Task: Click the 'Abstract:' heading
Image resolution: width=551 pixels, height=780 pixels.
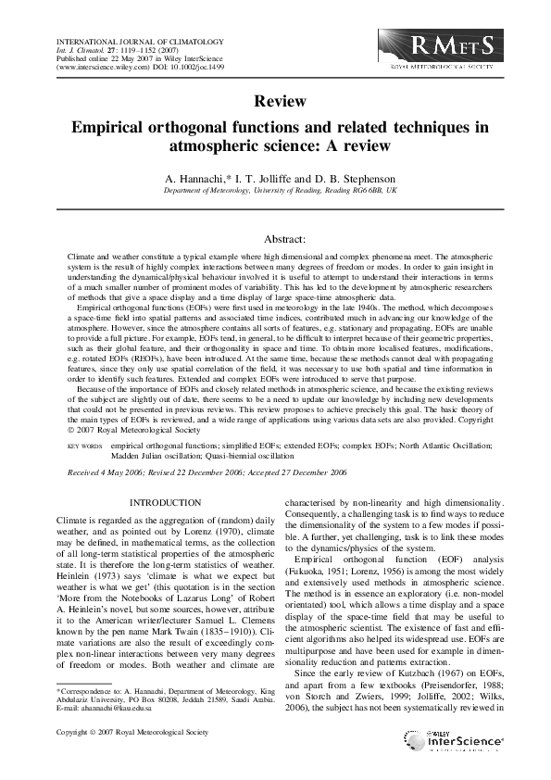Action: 275,238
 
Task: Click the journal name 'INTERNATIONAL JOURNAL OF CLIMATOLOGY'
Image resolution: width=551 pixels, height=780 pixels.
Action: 128,41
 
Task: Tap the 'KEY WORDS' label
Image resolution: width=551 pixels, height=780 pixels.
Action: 85,446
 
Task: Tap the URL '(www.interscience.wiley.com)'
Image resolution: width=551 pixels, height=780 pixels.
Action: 99,68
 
